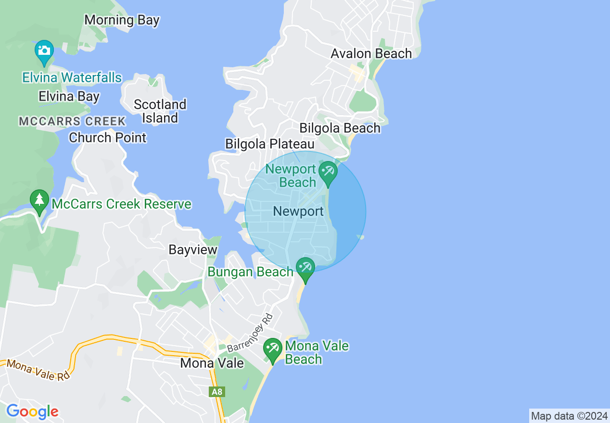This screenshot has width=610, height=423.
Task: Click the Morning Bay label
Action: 122,20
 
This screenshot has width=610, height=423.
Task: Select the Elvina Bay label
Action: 69,97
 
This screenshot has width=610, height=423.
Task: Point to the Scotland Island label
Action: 160,111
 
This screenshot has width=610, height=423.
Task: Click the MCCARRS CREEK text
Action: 72,121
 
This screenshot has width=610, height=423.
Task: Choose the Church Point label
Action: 107,138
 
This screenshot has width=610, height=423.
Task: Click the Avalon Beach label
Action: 371,53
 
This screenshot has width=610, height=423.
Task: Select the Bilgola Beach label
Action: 340,128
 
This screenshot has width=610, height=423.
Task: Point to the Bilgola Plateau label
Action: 269,144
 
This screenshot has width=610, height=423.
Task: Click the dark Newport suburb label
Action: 298,211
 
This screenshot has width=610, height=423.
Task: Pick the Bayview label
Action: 193,250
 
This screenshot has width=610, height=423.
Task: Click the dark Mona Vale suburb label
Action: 212,363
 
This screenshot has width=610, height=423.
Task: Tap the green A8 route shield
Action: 217,392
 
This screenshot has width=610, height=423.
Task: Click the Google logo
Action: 32,411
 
